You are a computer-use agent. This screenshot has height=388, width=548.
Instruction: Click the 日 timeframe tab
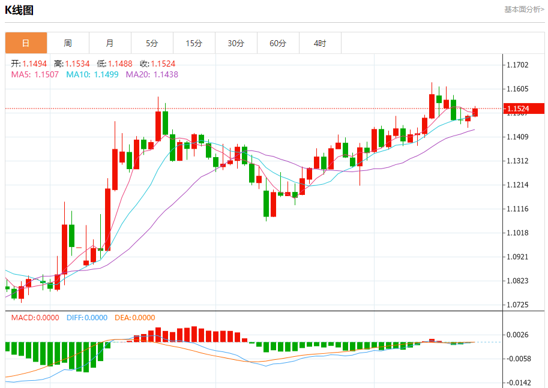[26, 43]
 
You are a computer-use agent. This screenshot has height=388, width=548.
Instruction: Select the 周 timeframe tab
[68, 43]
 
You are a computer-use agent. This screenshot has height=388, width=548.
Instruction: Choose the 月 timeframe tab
[110, 43]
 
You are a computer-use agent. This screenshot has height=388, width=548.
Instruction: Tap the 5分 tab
[152, 43]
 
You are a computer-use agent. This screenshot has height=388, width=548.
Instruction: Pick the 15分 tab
[194, 43]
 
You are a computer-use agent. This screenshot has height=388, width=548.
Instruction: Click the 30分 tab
[236, 43]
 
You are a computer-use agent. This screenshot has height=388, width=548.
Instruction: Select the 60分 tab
[278, 43]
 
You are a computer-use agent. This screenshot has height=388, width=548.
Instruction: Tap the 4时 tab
[320, 43]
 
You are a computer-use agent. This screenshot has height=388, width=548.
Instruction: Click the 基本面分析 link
[524, 10]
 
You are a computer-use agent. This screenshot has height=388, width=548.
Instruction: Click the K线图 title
[19, 10]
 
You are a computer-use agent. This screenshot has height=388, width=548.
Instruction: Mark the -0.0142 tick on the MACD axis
[518, 383]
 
